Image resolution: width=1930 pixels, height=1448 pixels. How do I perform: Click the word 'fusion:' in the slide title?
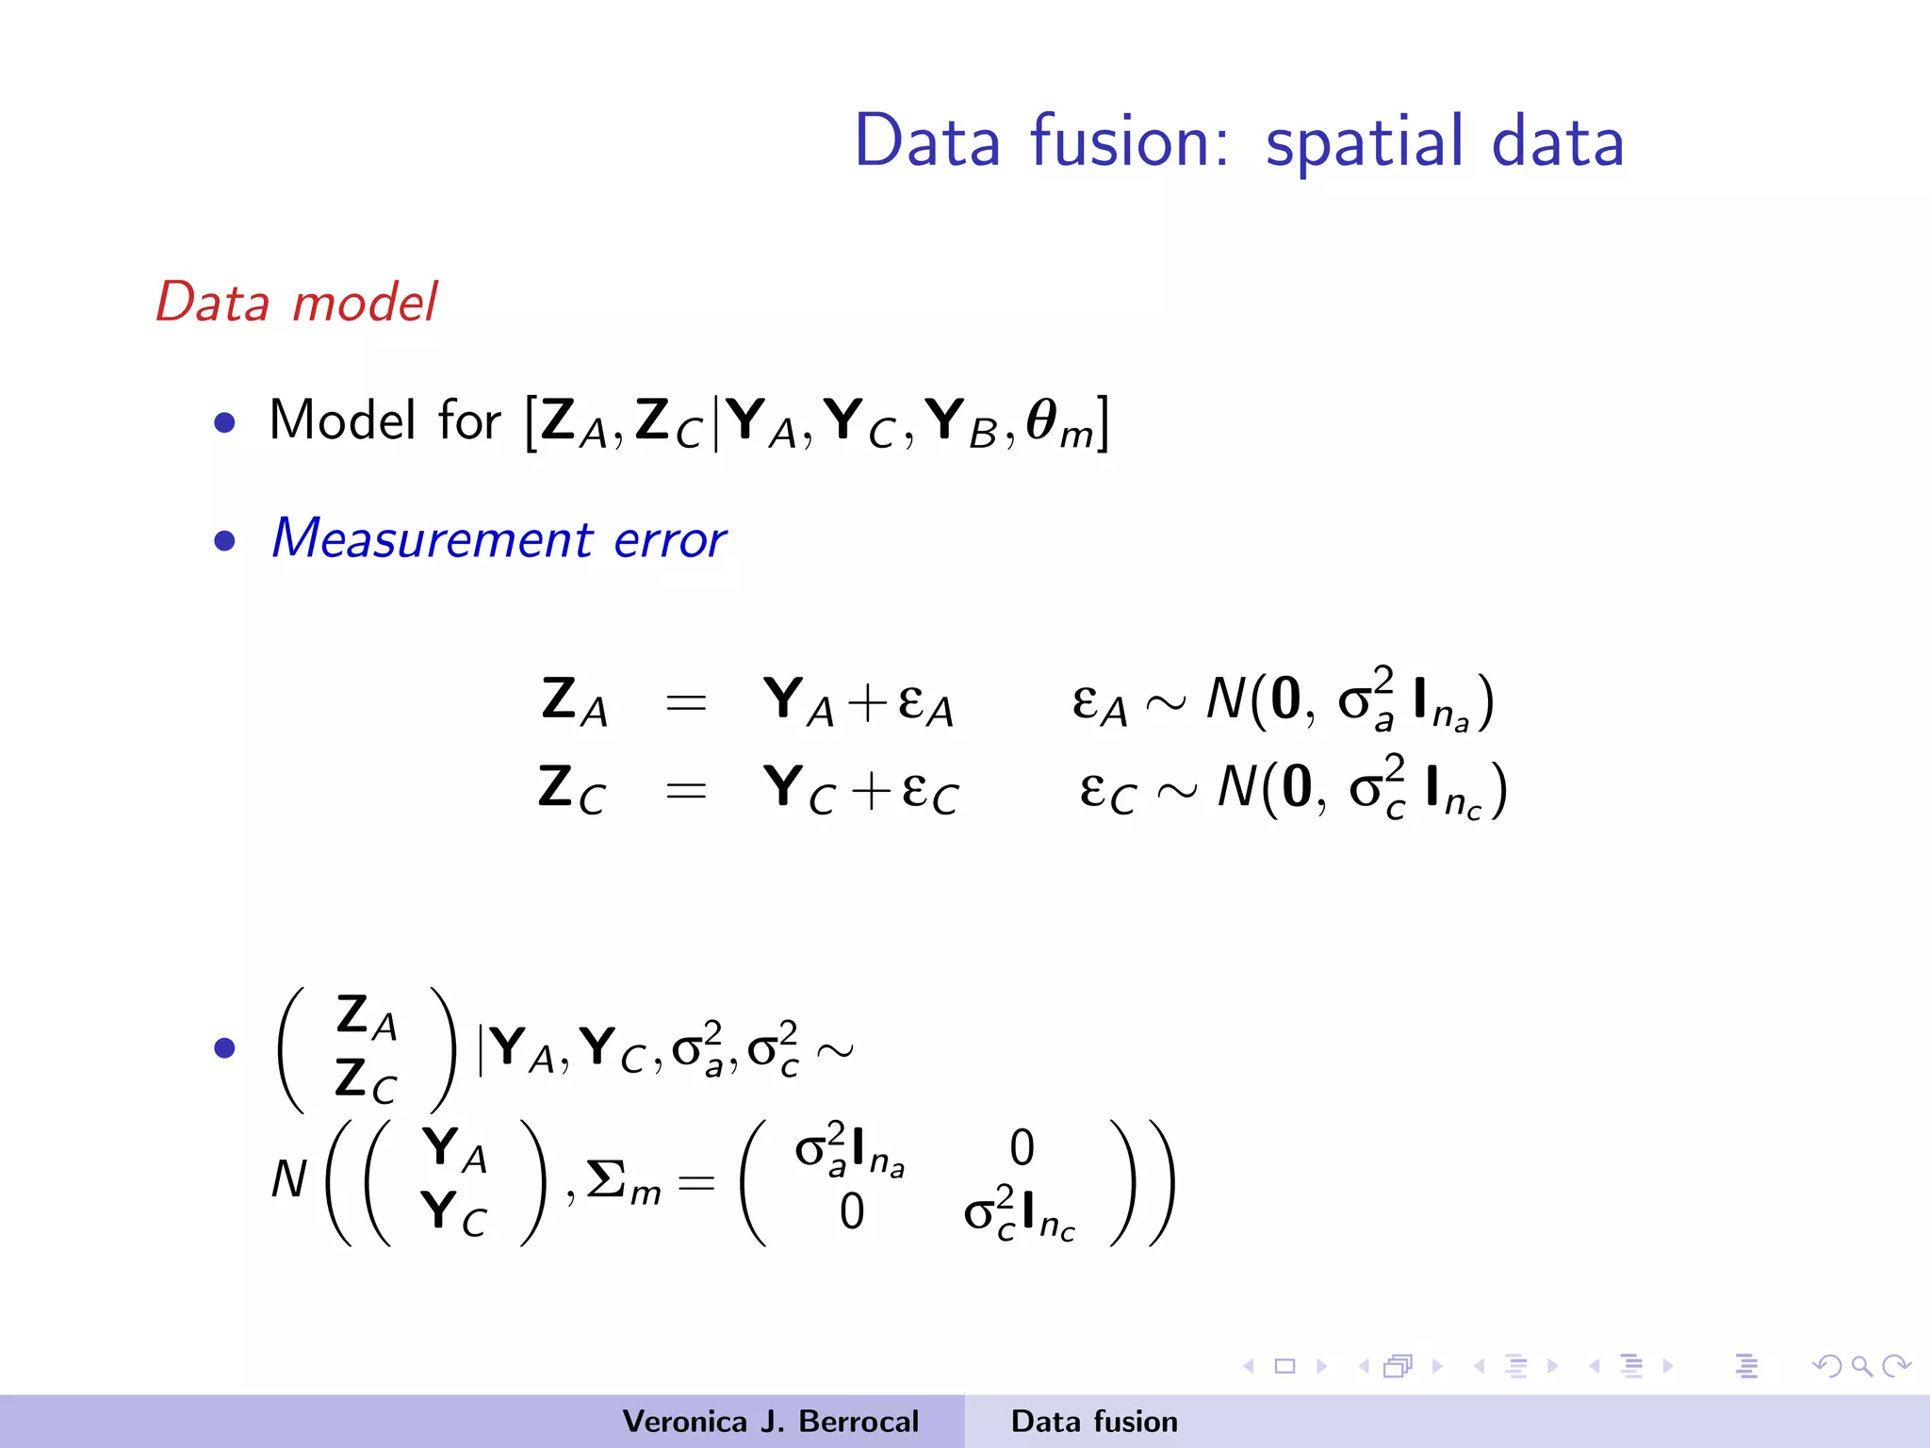point(1129,141)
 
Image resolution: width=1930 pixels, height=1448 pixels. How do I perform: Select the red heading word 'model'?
point(365,303)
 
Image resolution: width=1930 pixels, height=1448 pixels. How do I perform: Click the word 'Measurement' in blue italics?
point(433,539)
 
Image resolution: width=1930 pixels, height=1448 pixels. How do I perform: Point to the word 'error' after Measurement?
point(669,541)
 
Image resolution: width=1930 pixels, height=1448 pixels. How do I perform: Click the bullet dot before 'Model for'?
point(224,421)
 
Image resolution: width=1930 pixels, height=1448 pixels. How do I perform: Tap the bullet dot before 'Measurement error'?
point(224,540)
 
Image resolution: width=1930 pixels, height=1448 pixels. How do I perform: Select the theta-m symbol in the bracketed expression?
point(1059,422)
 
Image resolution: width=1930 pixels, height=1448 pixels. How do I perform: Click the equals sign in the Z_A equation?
point(685,702)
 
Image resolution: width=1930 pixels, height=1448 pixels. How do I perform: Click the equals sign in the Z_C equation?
point(685,790)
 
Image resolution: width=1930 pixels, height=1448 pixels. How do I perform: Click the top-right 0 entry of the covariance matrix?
point(1022,1148)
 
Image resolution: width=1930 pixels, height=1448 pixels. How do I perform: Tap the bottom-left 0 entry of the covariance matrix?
point(851,1211)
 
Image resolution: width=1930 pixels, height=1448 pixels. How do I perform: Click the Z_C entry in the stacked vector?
point(366,1079)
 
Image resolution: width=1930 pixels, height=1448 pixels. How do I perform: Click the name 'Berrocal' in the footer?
point(858,1422)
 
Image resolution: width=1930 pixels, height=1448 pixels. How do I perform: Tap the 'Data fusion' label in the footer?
point(1094,1422)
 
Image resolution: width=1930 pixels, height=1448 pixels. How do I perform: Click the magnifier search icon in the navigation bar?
point(1861,1366)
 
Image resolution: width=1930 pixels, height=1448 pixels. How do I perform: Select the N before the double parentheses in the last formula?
point(288,1179)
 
